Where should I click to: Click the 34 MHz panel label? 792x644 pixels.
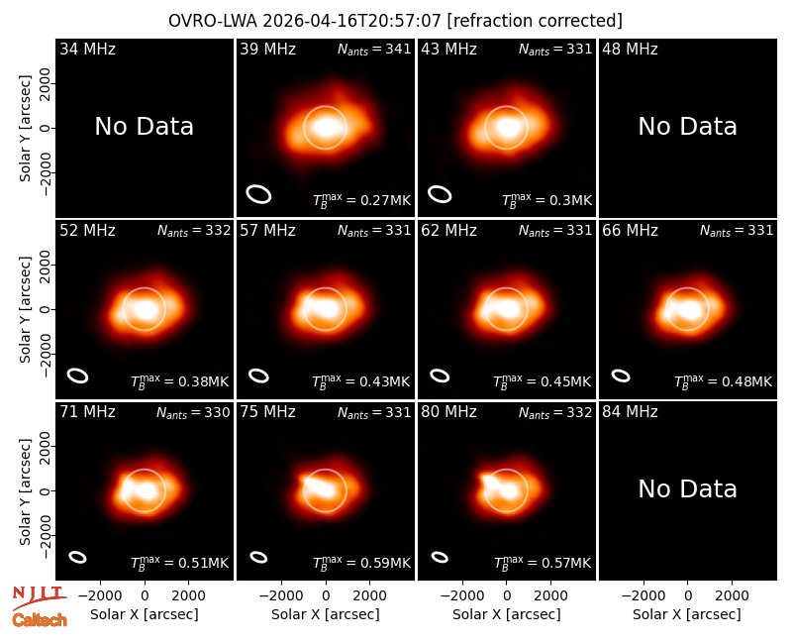[x=87, y=49]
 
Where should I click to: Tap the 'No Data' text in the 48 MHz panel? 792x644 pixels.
[x=687, y=127]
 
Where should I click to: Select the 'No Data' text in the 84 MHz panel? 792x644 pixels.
[x=687, y=488]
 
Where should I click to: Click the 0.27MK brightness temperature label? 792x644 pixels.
[x=361, y=201]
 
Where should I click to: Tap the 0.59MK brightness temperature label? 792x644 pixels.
[x=361, y=563]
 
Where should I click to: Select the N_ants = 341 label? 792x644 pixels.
[x=374, y=49]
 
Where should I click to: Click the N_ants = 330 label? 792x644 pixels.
[x=193, y=412]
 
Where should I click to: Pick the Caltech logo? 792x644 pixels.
[x=40, y=620]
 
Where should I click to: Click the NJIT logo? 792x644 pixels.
[x=38, y=594]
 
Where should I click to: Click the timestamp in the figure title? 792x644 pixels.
[x=352, y=21]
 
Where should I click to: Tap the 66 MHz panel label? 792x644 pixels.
[x=630, y=231]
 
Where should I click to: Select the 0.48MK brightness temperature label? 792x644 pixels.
[x=724, y=381]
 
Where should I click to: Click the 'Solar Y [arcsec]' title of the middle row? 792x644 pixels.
[x=25, y=309]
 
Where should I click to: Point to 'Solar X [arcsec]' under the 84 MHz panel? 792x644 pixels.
[x=687, y=614]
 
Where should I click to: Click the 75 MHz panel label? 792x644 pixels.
[x=267, y=412]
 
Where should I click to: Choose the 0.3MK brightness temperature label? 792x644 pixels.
[x=547, y=201]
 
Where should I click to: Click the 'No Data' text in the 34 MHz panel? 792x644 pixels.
[x=144, y=127]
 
